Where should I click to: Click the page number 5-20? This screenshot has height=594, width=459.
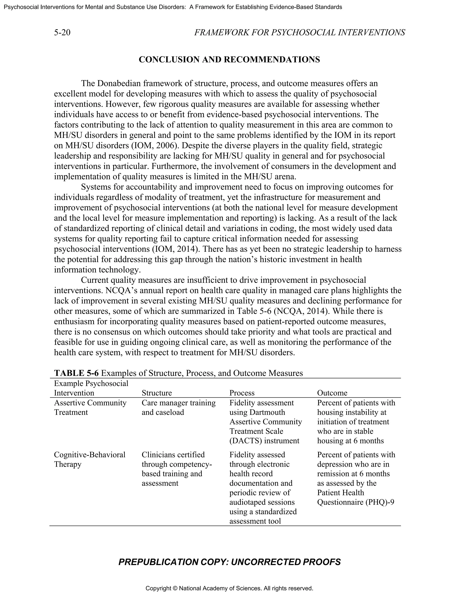click(x=62, y=33)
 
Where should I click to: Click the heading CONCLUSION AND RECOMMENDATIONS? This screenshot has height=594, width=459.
click(x=229, y=60)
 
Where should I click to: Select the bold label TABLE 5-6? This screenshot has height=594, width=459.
click(x=76, y=373)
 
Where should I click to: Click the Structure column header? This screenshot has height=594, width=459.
click(x=157, y=393)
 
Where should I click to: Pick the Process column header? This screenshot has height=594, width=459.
click(x=242, y=393)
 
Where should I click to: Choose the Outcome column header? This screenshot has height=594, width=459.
click(x=332, y=393)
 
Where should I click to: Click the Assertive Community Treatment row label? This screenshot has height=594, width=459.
click(x=90, y=408)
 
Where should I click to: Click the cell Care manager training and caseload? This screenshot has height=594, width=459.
click(x=178, y=408)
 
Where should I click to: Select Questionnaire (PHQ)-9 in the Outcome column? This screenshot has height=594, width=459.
click(x=355, y=502)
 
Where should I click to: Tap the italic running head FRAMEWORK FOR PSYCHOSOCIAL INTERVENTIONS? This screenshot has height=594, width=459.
click(x=299, y=33)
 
